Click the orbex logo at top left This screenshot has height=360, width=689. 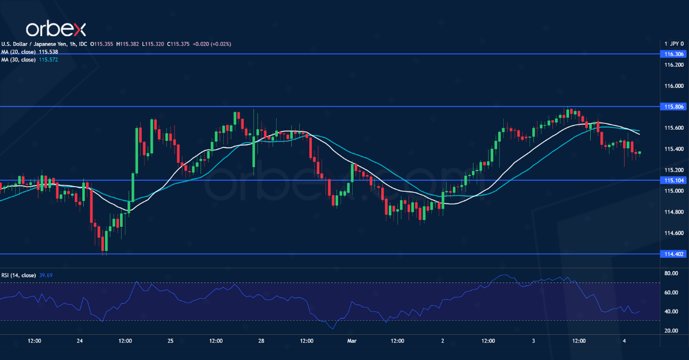click(x=56, y=28)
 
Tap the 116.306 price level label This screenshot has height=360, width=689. click(x=673, y=54)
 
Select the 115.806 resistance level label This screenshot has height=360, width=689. click(x=673, y=107)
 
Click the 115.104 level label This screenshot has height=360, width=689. click(x=673, y=180)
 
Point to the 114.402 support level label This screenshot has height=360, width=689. click(x=673, y=254)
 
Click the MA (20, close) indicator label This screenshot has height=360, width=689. click(x=18, y=52)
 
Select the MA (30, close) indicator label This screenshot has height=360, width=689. click(x=18, y=59)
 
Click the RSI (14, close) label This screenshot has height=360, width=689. click(x=17, y=276)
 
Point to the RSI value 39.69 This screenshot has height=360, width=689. click(x=45, y=276)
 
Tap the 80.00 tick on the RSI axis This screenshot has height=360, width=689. click(x=671, y=274)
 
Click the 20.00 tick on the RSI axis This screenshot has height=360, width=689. click(x=671, y=331)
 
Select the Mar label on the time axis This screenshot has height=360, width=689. click(x=352, y=340)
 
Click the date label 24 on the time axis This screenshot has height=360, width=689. click(x=80, y=340)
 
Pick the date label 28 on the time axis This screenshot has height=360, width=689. click(x=261, y=340)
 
